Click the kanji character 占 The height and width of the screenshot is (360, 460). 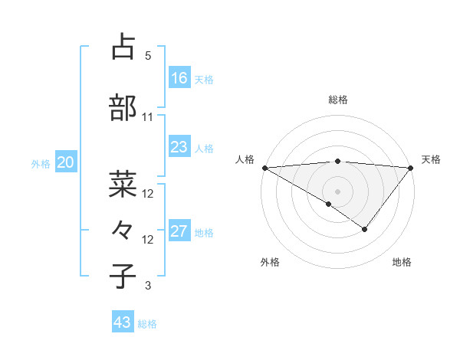point(123,47)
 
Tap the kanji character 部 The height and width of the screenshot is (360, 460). point(123,108)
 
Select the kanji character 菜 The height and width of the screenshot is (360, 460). point(123,184)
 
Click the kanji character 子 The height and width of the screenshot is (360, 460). point(123,275)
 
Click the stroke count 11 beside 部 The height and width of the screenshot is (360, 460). point(148,117)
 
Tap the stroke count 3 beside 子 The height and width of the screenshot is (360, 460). point(148,286)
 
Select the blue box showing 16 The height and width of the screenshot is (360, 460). point(179,78)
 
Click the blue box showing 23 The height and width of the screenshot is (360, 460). point(179,147)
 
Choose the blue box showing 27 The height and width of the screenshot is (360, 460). point(179,231)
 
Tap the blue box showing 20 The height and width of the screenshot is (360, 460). point(66,162)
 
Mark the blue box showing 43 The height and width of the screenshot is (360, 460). point(123,322)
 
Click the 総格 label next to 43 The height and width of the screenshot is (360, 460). point(147,324)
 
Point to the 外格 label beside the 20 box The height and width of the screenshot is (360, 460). point(41,163)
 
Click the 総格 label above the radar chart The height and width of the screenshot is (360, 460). point(338,100)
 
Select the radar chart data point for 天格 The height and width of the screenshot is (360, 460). point(411,168)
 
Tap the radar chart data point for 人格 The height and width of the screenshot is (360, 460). point(264,168)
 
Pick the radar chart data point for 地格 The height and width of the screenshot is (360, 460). point(365,229)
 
